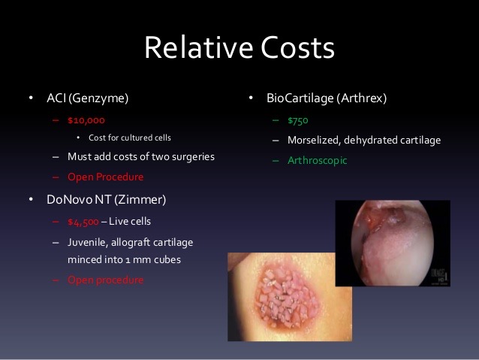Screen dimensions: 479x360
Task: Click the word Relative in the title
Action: (198, 47)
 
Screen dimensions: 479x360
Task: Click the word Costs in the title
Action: (297, 47)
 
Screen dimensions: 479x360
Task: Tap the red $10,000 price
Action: (86, 120)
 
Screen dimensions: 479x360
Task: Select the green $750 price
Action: (298, 120)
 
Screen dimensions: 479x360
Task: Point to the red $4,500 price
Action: (83, 222)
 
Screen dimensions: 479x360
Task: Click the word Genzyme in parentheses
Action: (98, 98)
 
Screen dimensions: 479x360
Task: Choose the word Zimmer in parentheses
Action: (140, 200)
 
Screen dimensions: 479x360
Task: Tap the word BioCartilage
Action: (300, 98)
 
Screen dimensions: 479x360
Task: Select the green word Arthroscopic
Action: (318, 161)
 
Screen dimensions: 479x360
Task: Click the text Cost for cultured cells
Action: (130, 138)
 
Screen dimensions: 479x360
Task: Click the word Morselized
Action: (314, 141)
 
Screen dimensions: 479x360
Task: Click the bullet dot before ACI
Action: (31, 98)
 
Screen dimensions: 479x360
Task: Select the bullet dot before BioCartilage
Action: (251, 98)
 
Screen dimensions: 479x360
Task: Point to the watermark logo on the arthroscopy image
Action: (439, 276)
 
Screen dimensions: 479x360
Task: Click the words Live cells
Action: (130, 222)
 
